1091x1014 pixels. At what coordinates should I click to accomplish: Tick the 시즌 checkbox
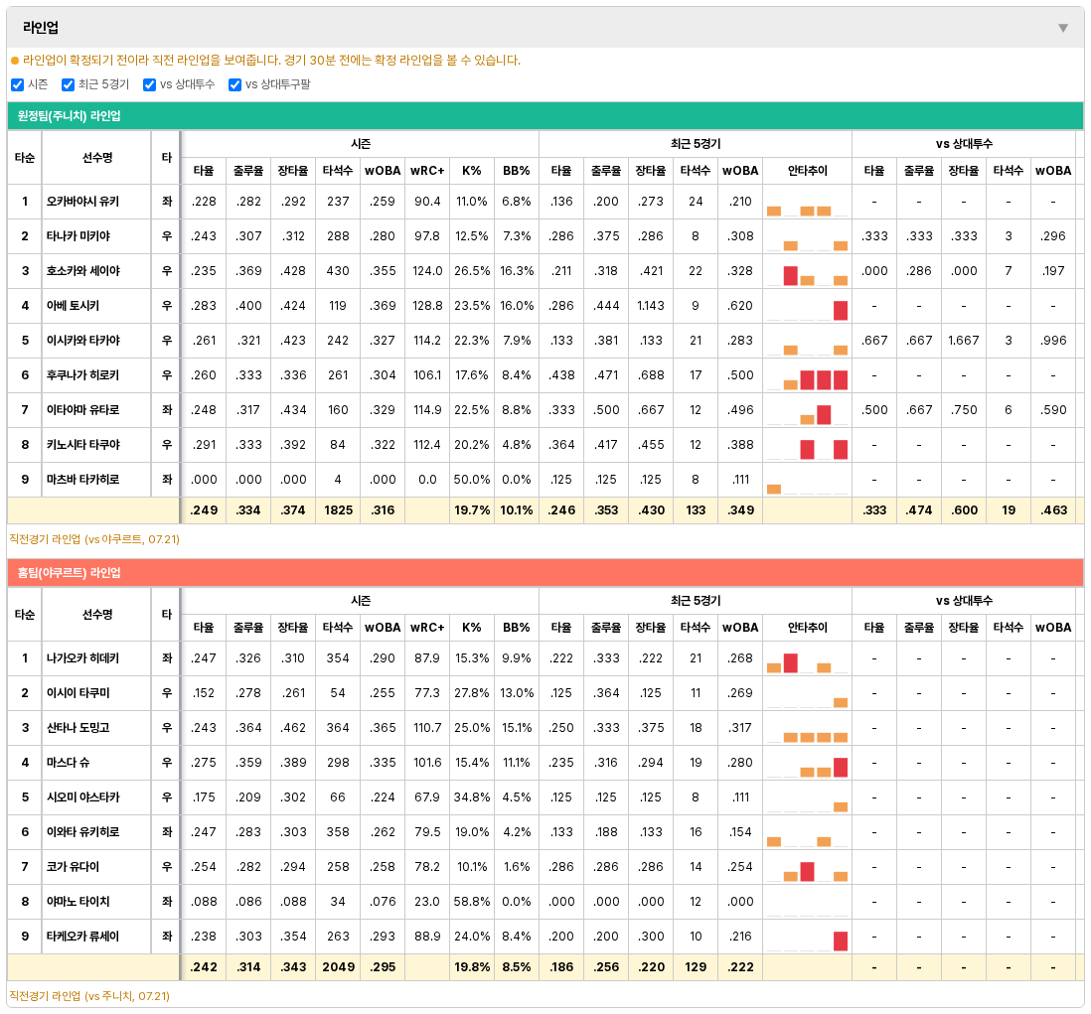pyautogui.click(x=18, y=84)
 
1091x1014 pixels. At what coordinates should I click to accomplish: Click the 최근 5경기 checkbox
pyautogui.click(x=68, y=84)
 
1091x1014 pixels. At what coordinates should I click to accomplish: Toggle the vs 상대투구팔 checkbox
pyautogui.click(x=234, y=84)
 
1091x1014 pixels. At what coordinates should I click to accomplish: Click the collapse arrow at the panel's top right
pyautogui.click(x=1062, y=28)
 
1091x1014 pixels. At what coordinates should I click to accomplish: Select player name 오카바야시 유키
pyautogui.click(x=82, y=202)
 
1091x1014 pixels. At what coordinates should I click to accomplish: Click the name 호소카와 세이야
pyautogui.click(x=82, y=271)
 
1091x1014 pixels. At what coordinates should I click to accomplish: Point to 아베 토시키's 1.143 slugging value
pyautogui.click(x=651, y=306)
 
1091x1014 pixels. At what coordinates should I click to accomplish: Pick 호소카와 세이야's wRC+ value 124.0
pyautogui.click(x=427, y=271)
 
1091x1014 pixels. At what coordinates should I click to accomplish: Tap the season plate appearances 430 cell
pyautogui.click(x=338, y=271)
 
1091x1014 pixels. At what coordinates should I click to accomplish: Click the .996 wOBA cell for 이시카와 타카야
pyautogui.click(x=1053, y=341)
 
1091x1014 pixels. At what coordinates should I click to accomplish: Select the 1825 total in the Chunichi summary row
pyautogui.click(x=338, y=510)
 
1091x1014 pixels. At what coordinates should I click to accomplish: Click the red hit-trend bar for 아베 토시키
pyautogui.click(x=841, y=310)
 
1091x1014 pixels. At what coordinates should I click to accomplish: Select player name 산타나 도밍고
pyautogui.click(x=78, y=728)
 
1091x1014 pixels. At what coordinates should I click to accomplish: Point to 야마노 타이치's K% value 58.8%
pyautogui.click(x=472, y=902)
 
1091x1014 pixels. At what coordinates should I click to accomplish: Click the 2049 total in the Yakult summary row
pyautogui.click(x=338, y=967)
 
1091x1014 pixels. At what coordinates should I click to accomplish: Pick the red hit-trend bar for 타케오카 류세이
pyautogui.click(x=841, y=941)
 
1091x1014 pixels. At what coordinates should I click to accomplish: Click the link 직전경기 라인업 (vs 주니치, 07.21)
pyautogui.click(x=89, y=996)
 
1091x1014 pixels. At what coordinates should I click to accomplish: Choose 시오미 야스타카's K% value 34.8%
pyautogui.click(x=472, y=797)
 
